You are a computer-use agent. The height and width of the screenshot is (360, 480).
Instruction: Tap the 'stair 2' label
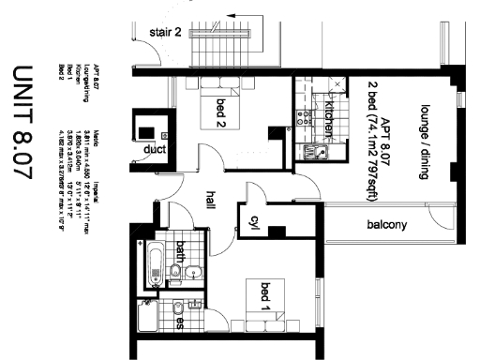pyautogui.click(x=165, y=33)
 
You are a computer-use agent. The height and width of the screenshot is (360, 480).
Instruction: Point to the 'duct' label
pyautogui.click(x=154, y=148)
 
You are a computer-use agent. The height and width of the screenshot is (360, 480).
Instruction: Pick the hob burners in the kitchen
pyautogui.click(x=304, y=118)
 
